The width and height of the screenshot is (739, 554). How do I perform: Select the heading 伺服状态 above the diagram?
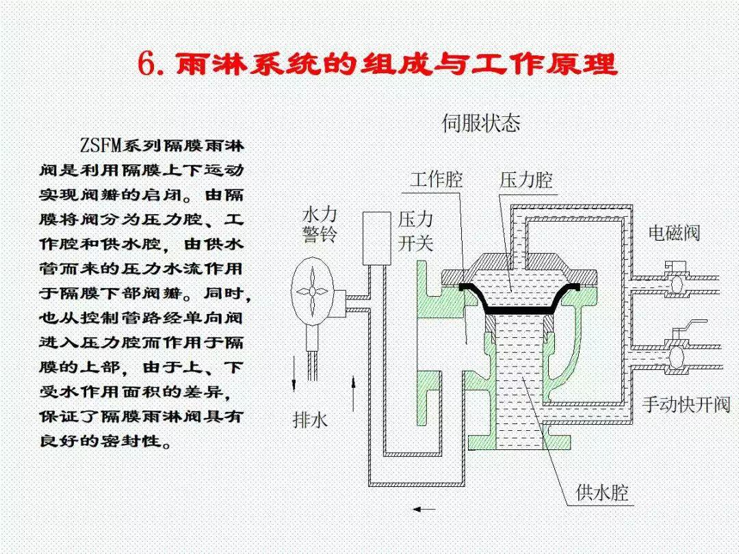click(x=480, y=123)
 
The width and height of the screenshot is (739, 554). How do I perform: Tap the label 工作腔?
click(x=437, y=180)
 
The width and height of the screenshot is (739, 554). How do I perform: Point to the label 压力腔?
click(x=526, y=180)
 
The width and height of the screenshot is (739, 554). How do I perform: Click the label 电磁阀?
click(x=674, y=233)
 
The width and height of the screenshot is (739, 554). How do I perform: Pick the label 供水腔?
click(x=602, y=492)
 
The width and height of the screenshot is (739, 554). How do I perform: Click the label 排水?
click(x=311, y=419)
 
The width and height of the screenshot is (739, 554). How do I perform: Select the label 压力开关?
click(x=415, y=231)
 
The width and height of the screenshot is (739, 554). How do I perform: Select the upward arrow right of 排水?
click(x=353, y=389)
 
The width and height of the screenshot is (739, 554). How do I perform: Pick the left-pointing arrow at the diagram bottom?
click(x=424, y=509)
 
